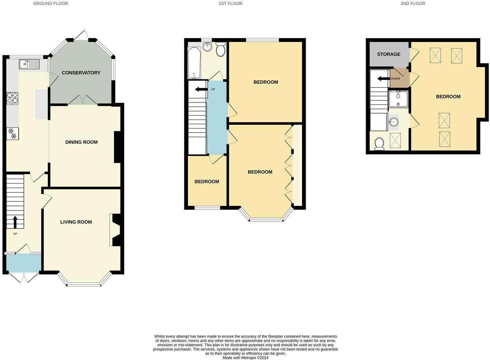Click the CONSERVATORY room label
pyautogui.click(x=81, y=73)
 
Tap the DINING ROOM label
pyautogui.click(x=81, y=142)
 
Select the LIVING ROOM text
pyautogui.click(x=76, y=222)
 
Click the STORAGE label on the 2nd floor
pyautogui.click(x=389, y=54)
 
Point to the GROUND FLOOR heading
pyautogui.click(x=51, y=3)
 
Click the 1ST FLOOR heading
pyautogui.click(x=230, y=3)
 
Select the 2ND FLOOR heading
pyautogui.click(x=412, y=3)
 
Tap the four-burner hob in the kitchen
pyautogui.click(x=12, y=98)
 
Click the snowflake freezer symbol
pyautogui.click(x=12, y=134)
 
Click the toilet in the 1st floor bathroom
pyautogui.click(x=220, y=50)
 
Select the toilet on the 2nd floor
pyautogui.click(x=379, y=144)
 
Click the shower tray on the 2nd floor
pyautogui.click(x=398, y=99)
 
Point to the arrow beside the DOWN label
pyautogui.click(x=383, y=79)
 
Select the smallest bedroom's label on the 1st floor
pyautogui.click(x=207, y=182)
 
